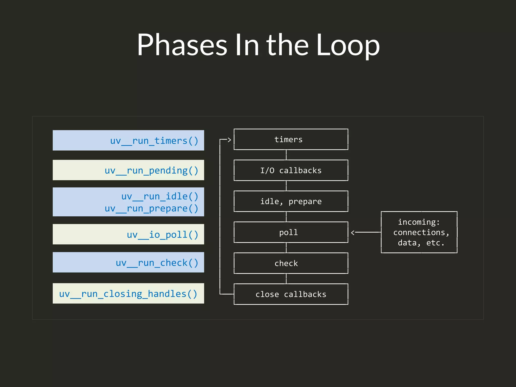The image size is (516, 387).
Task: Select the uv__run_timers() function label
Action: point(154,141)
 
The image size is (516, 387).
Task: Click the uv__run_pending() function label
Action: point(151,170)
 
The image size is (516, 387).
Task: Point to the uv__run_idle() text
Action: point(160,196)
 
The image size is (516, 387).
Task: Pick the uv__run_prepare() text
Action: point(151,208)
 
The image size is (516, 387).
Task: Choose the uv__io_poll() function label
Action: point(163,235)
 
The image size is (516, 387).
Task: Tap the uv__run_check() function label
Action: point(157,263)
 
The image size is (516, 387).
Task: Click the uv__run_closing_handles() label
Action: point(128,294)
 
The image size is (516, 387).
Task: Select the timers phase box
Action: point(291,139)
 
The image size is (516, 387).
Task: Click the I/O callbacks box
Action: point(291,170)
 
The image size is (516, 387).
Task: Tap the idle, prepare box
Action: point(291,201)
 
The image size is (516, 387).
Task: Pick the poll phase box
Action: point(291,232)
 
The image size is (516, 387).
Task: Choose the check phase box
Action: point(291,263)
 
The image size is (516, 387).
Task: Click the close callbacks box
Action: point(291,294)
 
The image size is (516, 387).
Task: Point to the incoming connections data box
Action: point(419,232)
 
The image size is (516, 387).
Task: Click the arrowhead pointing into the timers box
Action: point(229,140)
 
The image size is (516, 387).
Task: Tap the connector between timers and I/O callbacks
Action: point(286,155)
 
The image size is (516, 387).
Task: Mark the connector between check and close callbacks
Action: point(286,279)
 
